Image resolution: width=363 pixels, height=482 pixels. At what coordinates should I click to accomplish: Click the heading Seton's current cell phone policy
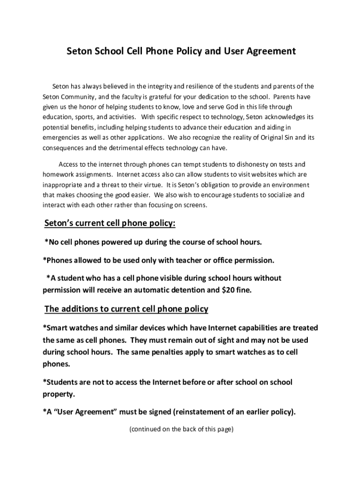(x=110, y=223)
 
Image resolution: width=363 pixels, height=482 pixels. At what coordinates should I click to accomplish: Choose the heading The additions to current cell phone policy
(x=126, y=309)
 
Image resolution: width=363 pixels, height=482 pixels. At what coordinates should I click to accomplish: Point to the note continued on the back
(x=181, y=429)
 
